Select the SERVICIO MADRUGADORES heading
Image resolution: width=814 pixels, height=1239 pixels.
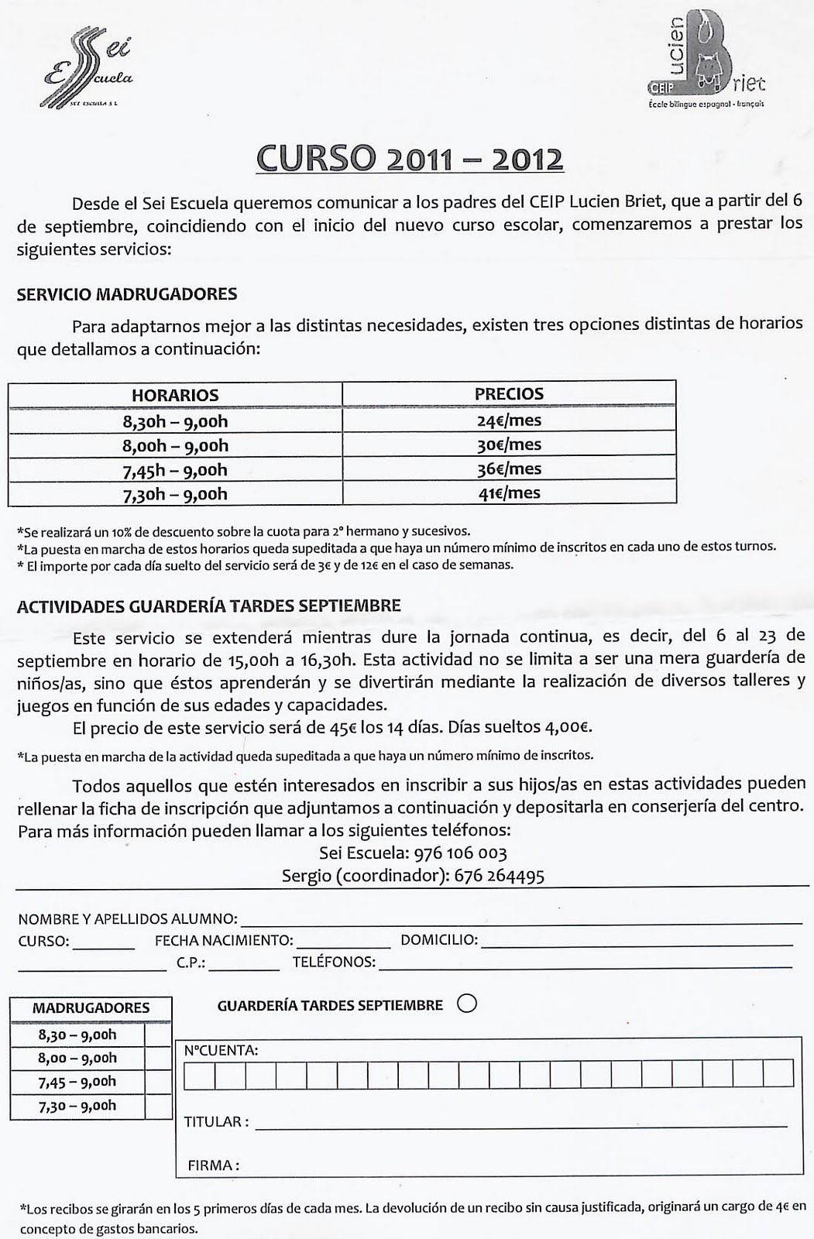click(127, 294)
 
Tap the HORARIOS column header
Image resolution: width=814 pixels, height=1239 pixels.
click(175, 395)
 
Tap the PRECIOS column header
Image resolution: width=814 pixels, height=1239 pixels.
click(509, 393)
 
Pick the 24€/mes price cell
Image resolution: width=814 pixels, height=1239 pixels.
click(509, 420)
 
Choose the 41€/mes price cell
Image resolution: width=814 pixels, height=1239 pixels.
click(509, 493)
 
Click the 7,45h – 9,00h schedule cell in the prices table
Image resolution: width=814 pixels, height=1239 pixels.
click(175, 470)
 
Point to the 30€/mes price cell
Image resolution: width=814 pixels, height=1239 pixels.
click(509, 445)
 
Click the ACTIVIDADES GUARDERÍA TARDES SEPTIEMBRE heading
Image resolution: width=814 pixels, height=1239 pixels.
click(209, 606)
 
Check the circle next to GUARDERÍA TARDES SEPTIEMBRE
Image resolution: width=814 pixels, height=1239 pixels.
click(467, 1004)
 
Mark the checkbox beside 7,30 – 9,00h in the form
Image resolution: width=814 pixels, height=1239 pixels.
click(158, 1106)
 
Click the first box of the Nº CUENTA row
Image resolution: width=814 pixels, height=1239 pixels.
click(199, 1073)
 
